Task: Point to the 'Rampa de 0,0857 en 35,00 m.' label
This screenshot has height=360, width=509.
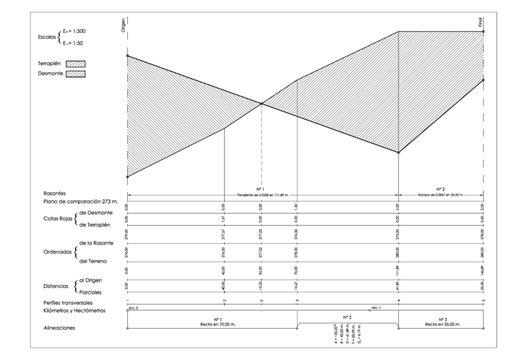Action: coord(441,196)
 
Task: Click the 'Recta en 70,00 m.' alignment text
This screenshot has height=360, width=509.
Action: coord(212,323)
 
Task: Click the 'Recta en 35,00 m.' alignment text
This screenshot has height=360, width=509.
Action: coord(441,323)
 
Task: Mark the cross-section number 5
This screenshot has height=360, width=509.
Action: coord(483,300)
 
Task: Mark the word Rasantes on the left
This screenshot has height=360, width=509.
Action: coord(55,194)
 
